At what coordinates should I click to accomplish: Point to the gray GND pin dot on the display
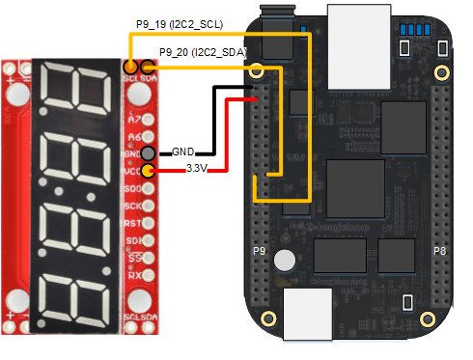(x=148, y=153)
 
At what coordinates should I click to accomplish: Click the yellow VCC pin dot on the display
(x=148, y=171)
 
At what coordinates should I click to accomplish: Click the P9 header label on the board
(x=259, y=251)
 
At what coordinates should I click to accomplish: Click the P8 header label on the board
(x=438, y=251)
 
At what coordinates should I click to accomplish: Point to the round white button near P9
(x=285, y=261)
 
